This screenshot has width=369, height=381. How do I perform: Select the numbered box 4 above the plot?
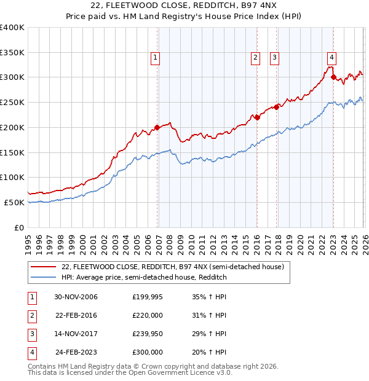pyautogui.click(x=331, y=58)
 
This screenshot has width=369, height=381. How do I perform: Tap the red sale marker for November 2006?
pyautogui.click(x=157, y=127)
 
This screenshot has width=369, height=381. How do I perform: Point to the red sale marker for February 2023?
pyautogui.click(x=333, y=77)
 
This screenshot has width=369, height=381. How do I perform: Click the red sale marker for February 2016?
pyautogui.click(x=257, y=117)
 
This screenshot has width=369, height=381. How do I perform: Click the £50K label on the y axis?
pyautogui.click(x=15, y=202)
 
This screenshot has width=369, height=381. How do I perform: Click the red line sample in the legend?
pyautogui.click(x=44, y=267)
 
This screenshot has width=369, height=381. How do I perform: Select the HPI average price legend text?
pyautogui.click(x=144, y=278)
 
